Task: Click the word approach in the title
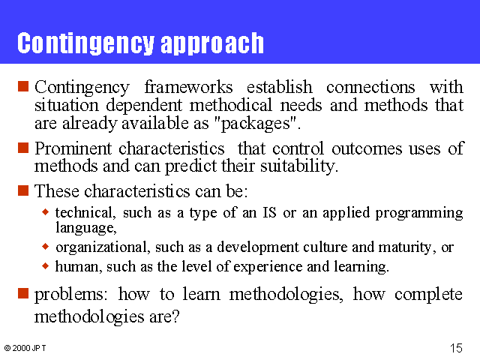(x=212, y=44)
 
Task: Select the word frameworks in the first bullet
(x=188, y=87)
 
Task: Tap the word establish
(x=280, y=87)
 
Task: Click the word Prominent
(x=73, y=148)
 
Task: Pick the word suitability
(x=299, y=166)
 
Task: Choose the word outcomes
(x=367, y=149)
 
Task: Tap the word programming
(x=419, y=213)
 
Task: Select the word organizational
(x=103, y=247)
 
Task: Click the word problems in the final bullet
(x=71, y=295)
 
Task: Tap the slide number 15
(x=456, y=348)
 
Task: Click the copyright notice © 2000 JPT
(x=25, y=348)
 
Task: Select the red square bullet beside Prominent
(x=23, y=148)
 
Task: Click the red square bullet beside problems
(x=23, y=293)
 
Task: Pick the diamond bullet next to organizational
(x=45, y=246)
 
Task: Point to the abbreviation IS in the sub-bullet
(x=270, y=213)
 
